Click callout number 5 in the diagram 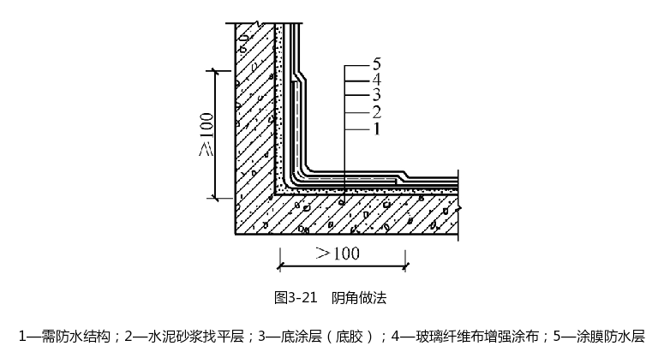coord(377,63)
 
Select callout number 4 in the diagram coord(377,79)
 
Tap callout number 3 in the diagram coord(377,94)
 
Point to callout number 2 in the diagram coord(377,111)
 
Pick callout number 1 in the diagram coord(377,128)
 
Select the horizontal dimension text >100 coord(338,253)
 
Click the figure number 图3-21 coord(295,297)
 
